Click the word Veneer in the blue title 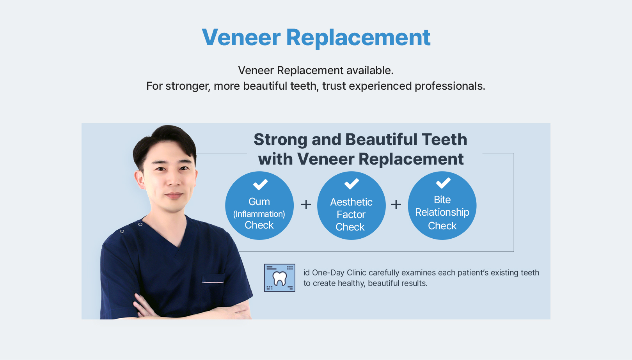click(241, 37)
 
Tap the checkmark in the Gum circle click(260, 184)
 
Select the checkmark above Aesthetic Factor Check click(352, 184)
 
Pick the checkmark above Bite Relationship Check click(443, 183)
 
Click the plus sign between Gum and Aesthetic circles click(306, 204)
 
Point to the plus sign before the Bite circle click(396, 204)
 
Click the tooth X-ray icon click(280, 278)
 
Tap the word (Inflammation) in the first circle click(259, 214)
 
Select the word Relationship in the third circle click(442, 213)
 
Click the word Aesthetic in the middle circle click(351, 202)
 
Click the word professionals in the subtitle click(450, 86)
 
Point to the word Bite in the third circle click(442, 200)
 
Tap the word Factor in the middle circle click(351, 215)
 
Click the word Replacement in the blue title click(358, 38)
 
